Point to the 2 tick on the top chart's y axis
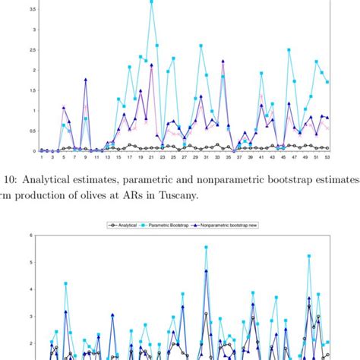pyautogui.click(x=33, y=71)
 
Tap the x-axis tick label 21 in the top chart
pyautogui.click(x=152, y=158)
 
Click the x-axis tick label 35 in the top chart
pyautogui.click(x=229, y=158)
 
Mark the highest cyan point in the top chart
pyautogui.click(x=152, y=2)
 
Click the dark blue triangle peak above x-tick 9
pyautogui.click(x=86, y=79)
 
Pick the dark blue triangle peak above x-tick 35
pyautogui.click(x=223, y=62)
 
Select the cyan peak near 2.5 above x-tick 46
pyautogui.click(x=289, y=50)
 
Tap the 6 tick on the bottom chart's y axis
pyautogui.click(x=33, y=235)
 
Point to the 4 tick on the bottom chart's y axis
pyautogui.click(x=33, y=289)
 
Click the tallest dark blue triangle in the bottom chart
pyautogui.click(x=206, y=271)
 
